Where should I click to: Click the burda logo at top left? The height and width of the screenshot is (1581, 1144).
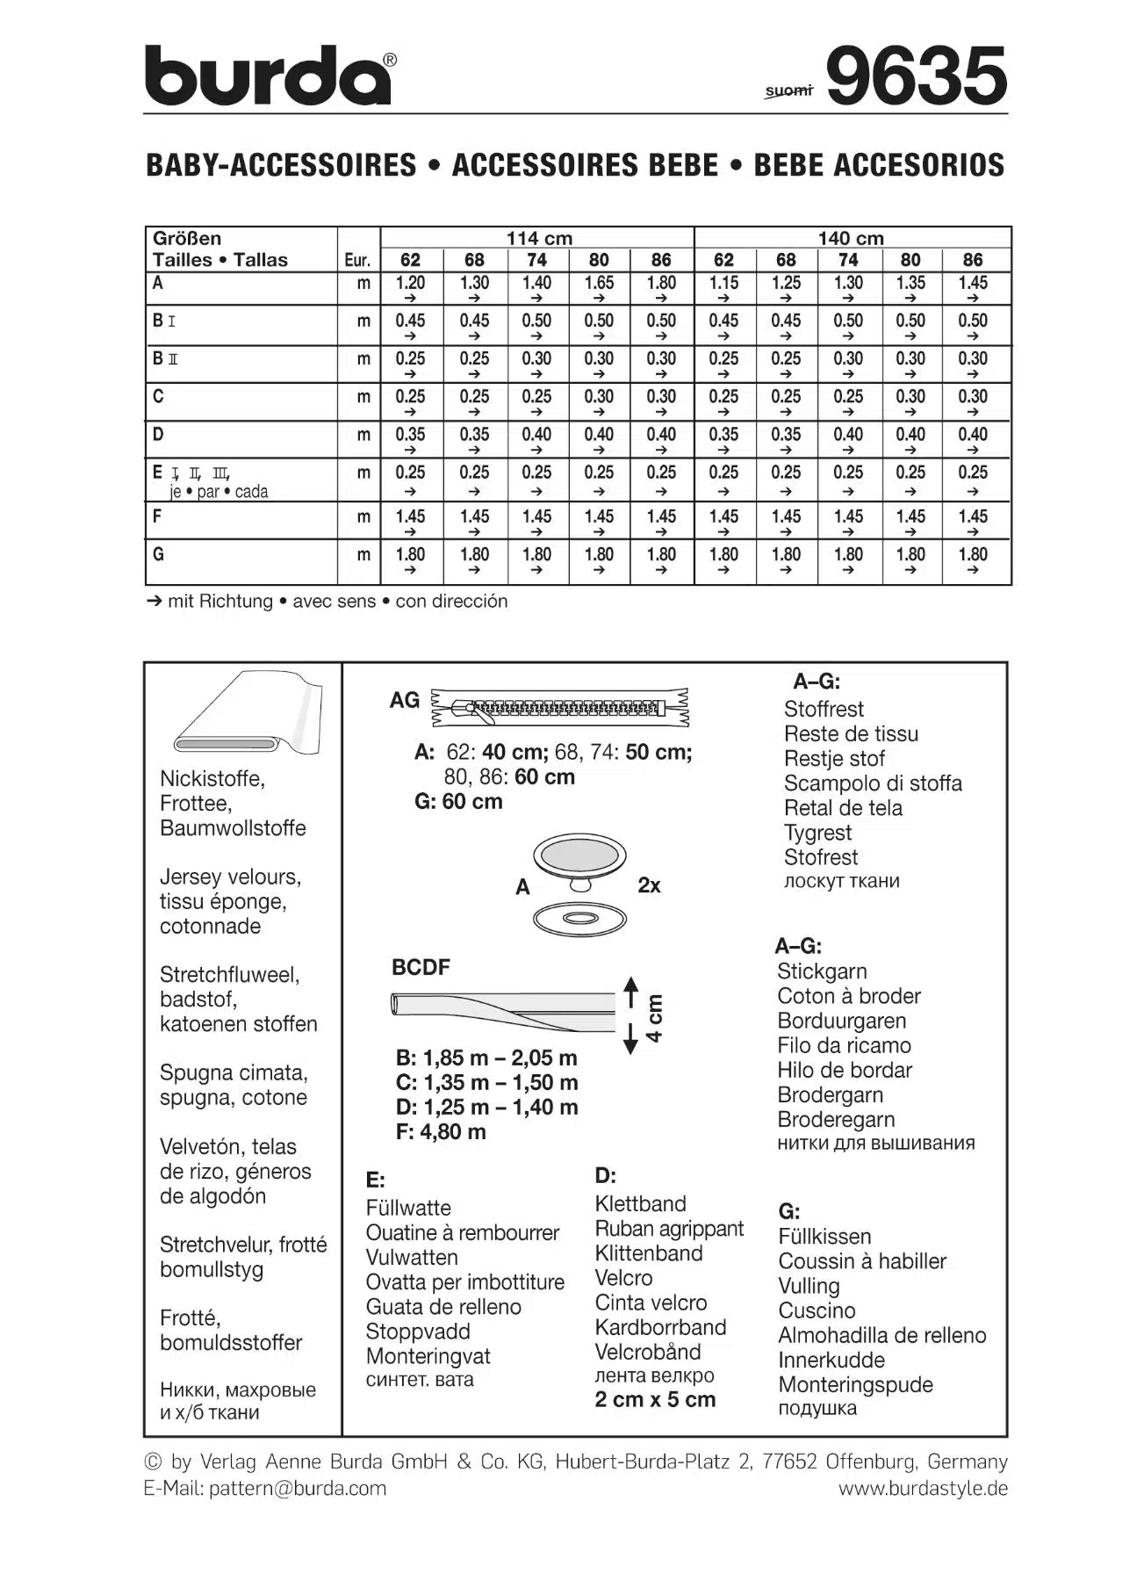(268, 76)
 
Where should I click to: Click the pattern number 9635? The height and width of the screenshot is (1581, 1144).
(916, 76)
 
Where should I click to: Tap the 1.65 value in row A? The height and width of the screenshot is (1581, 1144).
(599, 283)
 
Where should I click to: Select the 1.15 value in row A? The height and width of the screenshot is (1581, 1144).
(723, 283)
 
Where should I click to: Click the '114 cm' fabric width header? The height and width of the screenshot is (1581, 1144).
(538, 238)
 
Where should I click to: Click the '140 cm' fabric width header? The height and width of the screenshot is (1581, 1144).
(850, 238)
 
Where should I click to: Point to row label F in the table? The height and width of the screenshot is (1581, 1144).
(157, 516)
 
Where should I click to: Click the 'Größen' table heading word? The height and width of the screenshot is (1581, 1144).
(187, 238)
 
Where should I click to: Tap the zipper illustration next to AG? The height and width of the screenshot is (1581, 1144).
(559, 706)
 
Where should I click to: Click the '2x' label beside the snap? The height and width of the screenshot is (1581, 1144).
(649, 885)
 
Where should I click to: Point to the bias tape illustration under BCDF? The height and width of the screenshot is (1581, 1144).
(503, 1010)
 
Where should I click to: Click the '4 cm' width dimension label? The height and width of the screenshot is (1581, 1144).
(655, 1018)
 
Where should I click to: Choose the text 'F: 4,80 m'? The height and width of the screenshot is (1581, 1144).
(441, 1132)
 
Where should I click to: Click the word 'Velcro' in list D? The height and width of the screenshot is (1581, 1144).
(623, 1278)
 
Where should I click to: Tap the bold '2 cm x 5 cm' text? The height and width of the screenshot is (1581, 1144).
(655, 1400)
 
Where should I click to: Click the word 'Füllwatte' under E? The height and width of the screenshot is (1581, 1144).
(408, 1208)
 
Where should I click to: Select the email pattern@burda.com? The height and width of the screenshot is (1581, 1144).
(297, 1488)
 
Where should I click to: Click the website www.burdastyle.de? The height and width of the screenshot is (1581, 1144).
(922, 1488)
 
